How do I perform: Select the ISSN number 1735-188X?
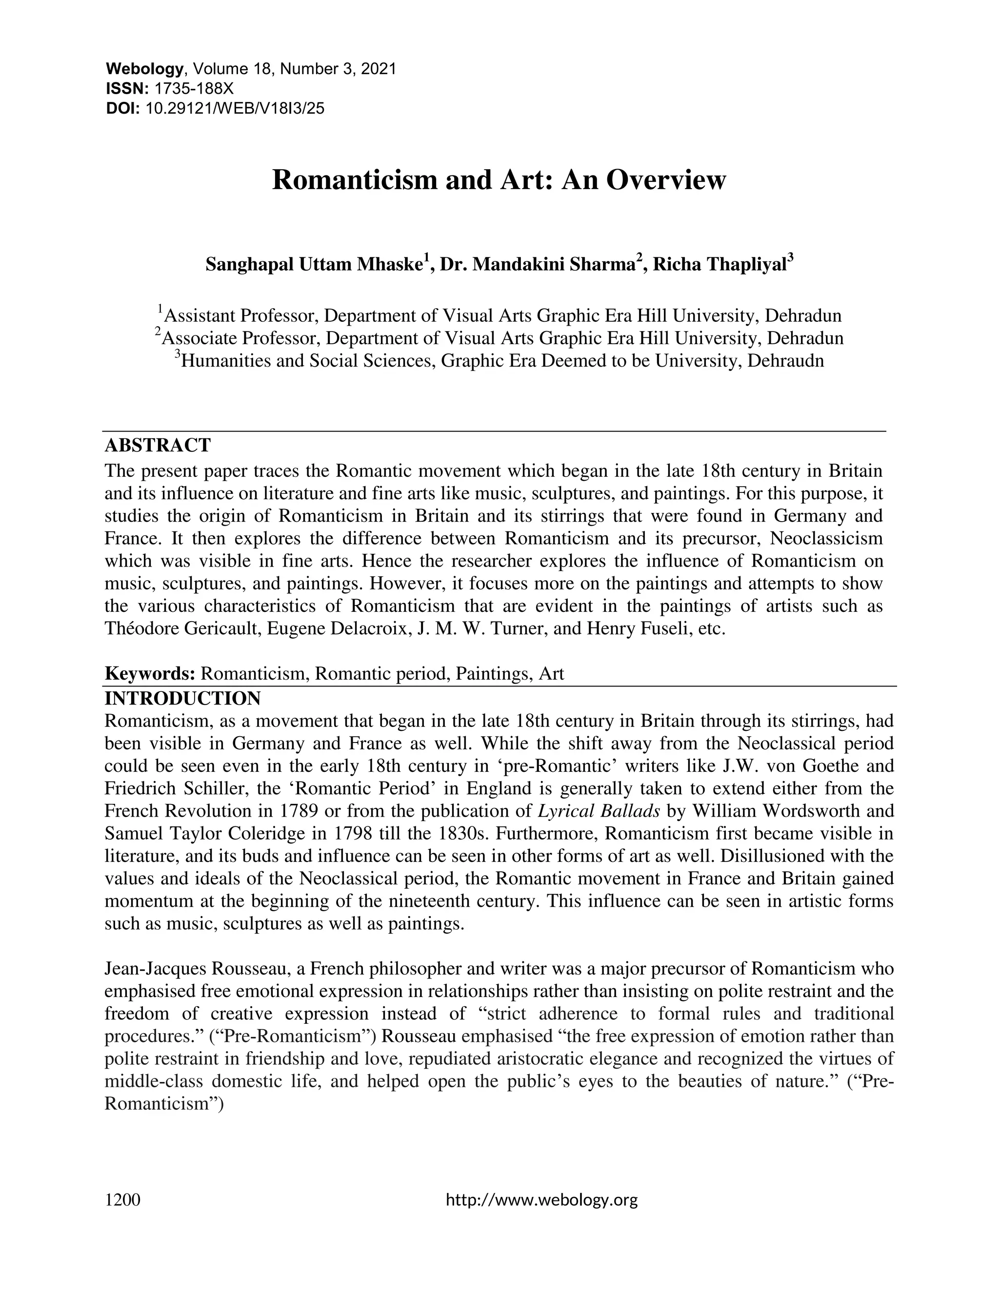pyautogui.click(x=194, y=89)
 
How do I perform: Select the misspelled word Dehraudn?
pyautogui.click(x=785, y=360)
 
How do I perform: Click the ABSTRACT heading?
pyautogui.click(x=158, y=445)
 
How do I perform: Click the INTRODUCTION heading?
pyautogui.click(x=182, y=698)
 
